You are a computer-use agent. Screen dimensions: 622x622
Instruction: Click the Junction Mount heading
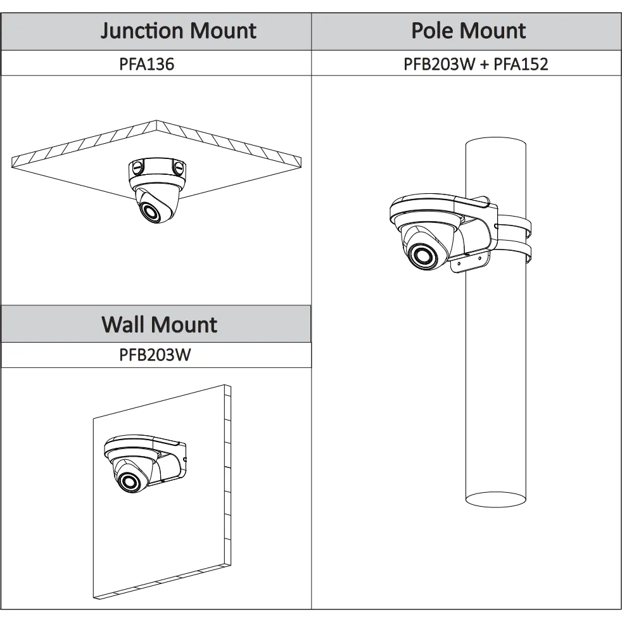click(178, 31)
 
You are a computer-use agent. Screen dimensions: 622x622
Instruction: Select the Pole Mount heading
click(469, 31)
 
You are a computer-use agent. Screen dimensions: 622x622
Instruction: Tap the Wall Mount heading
click(159, 324)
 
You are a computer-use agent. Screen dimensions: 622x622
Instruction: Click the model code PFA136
click(147, 64)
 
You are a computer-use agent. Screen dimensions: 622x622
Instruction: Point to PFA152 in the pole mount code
click(521, 64)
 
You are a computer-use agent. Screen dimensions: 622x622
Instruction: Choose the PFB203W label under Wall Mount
click(155, 355)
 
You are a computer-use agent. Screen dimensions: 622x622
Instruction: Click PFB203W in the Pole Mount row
click(439, 64)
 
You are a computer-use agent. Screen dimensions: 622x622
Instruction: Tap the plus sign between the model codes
click(484, 65)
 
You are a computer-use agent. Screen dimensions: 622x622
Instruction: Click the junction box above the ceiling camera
click(157, 171)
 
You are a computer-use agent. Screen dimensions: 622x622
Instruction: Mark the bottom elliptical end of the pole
click(495, 499)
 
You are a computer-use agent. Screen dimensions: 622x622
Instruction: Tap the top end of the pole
click(495, 142)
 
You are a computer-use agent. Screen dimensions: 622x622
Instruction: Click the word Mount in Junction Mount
click(224, 31)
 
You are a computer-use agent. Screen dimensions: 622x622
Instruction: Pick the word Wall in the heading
click(124, 324)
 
